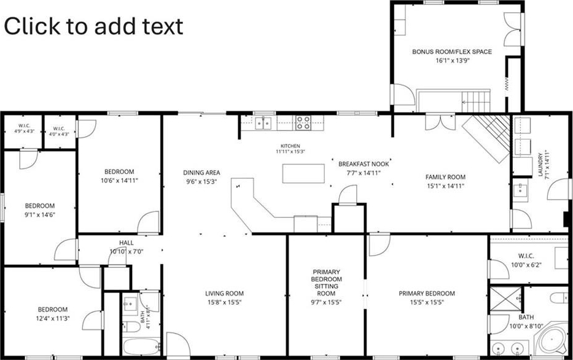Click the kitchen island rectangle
[303, 174]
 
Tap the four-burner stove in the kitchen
[303, 122]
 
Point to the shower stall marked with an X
[505, 299]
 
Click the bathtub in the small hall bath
[141, 346]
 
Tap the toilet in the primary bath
[559, 297]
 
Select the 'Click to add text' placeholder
[93, 26]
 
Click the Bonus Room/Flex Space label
[452, 52]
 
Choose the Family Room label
[445, 177]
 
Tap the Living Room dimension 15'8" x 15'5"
[224, 302]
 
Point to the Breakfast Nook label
[364, 164]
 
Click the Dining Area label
[201, 173]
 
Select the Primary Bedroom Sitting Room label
[326, 283]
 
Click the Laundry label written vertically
[541, 165]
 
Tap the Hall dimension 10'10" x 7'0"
[127, 251]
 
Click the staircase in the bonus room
[476, 101]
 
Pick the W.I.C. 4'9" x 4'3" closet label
[24, 128]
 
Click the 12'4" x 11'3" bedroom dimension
[53, 318]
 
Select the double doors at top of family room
[440, 122]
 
